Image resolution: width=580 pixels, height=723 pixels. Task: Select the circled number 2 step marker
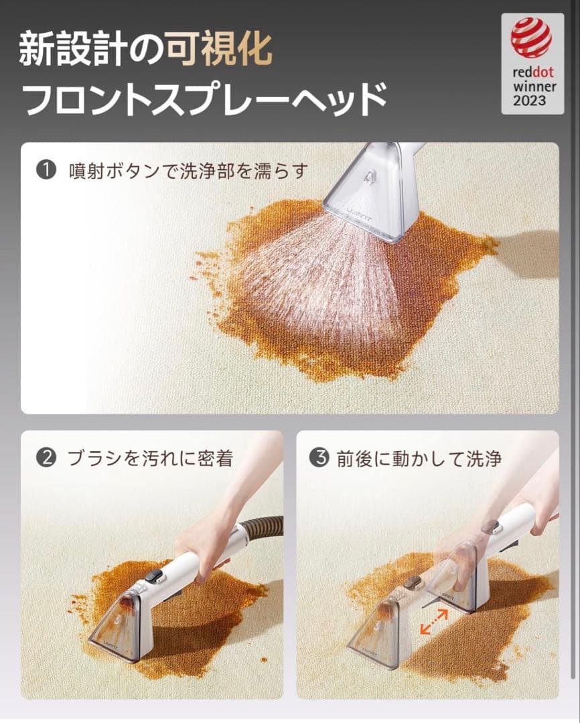[46, 458]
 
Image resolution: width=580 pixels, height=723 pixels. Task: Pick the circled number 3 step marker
[319, 458]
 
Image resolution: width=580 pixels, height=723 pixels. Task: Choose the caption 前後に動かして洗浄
[419, 458]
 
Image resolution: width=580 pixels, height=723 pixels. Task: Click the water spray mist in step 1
[315, 274]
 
